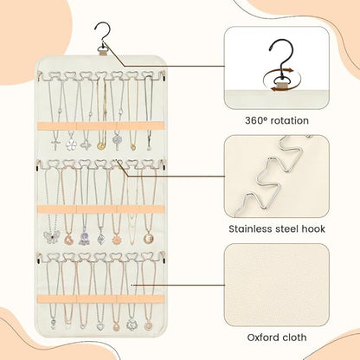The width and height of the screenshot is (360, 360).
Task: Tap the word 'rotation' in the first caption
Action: click(x=289, y=120)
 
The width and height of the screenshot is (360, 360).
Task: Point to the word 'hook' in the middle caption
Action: click(x=313, y=229)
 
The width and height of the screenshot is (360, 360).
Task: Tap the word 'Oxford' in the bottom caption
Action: click(x=261, y=337)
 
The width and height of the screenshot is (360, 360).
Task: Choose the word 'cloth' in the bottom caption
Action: click(x=293, y=337)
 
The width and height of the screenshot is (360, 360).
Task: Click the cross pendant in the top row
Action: click(x=55, y=145)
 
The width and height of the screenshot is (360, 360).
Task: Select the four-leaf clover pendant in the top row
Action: click(x=71, y=145)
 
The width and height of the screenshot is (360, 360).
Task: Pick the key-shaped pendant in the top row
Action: click(x=117, y=143)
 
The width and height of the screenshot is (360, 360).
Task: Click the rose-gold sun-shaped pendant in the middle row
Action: click(x=117, y=240)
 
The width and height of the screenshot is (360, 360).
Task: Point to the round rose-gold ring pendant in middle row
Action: click(x=148, y=238)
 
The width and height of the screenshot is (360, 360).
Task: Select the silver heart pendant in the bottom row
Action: click(x=100, y=327)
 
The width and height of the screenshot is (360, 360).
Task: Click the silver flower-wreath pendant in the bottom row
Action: click(x=132, y=325)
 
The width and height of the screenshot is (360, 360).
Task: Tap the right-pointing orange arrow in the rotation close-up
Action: click(x=287, y=70)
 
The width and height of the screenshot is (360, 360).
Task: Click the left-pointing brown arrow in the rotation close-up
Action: click(x=277, y=90)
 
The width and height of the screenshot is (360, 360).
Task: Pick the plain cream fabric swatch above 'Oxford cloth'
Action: click(x=277, y=286)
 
